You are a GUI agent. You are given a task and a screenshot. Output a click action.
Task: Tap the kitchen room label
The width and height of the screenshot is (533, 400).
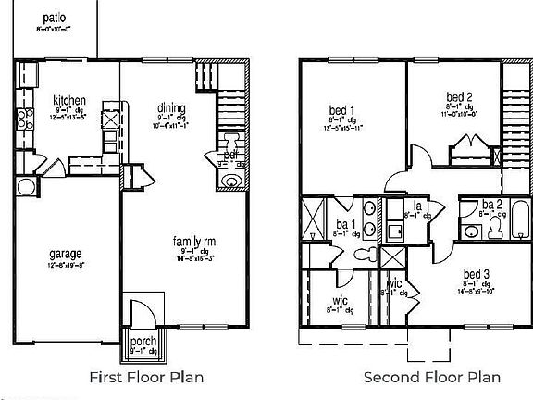pos(69,100)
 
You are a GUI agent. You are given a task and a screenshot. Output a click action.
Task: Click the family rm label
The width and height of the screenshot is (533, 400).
pos(194,243)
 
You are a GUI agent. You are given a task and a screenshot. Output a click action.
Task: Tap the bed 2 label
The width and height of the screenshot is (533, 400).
pos(460,97)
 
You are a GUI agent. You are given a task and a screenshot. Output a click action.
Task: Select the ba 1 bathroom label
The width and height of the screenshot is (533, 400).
pos(343,223)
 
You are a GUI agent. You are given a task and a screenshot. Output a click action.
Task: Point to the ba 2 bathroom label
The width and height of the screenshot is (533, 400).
pos(491,205)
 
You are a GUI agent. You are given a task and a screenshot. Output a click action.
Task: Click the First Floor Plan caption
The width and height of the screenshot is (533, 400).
pos(145,377)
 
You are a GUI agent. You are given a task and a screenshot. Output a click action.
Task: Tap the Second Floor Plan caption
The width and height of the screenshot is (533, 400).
pos(431,377)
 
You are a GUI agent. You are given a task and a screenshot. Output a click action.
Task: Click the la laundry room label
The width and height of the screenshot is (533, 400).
pos(418,205)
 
